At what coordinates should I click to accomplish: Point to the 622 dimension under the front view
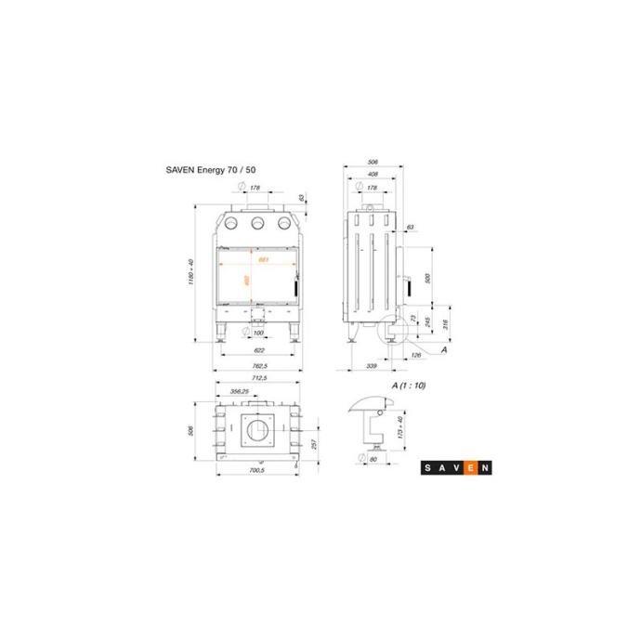(x=259, y=350)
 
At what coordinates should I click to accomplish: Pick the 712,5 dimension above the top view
(x=259, y=379)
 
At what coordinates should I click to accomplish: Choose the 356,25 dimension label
(x=239, y=391)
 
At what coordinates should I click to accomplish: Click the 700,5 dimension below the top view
(x=258, y=470)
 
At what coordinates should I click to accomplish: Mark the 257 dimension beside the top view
(x=313, y=445)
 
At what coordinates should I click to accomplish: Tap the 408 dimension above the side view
(x=372, y=174)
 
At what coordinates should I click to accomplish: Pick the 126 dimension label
(x=414, y=354)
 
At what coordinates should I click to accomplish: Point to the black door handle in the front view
(x=298, y=288)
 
